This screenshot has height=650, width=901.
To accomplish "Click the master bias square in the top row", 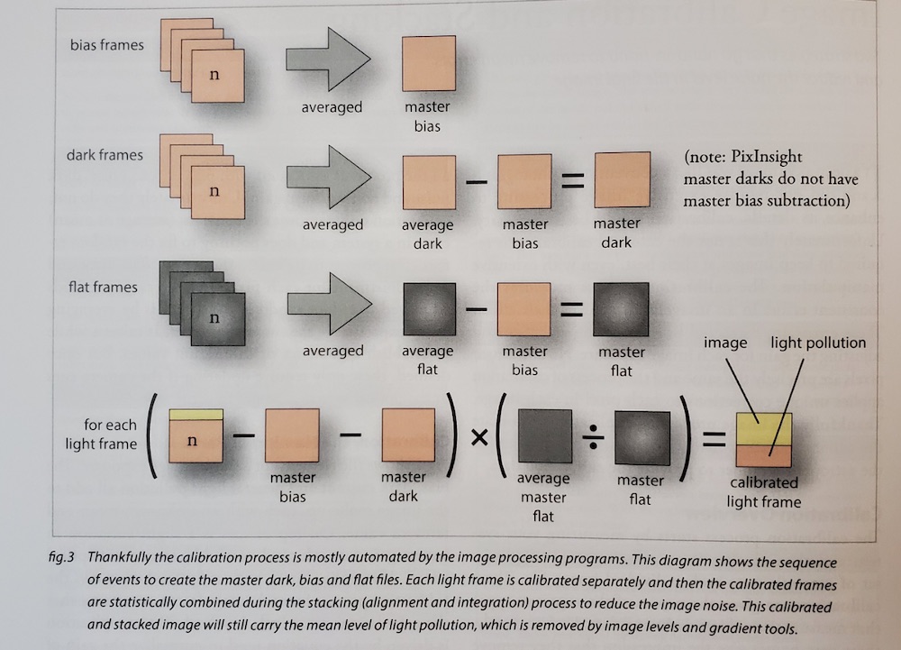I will (x=429, y=62).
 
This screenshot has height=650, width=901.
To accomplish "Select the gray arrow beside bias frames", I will (x=327, y=60).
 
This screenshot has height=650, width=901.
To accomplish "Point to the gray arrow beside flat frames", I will (x=327, y=305).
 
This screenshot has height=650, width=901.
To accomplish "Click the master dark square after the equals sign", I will (x=621, y=180).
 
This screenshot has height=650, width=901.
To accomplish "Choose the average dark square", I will (x=429, y=181).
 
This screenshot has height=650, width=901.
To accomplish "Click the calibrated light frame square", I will (x=763, y=442).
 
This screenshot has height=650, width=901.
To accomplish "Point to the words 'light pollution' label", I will (x=818, y=343).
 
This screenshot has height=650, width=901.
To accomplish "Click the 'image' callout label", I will (x=726, y=343).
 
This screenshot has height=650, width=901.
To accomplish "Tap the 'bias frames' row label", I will (x=106, y=45).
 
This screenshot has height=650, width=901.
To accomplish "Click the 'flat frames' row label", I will (x=103, y=287).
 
